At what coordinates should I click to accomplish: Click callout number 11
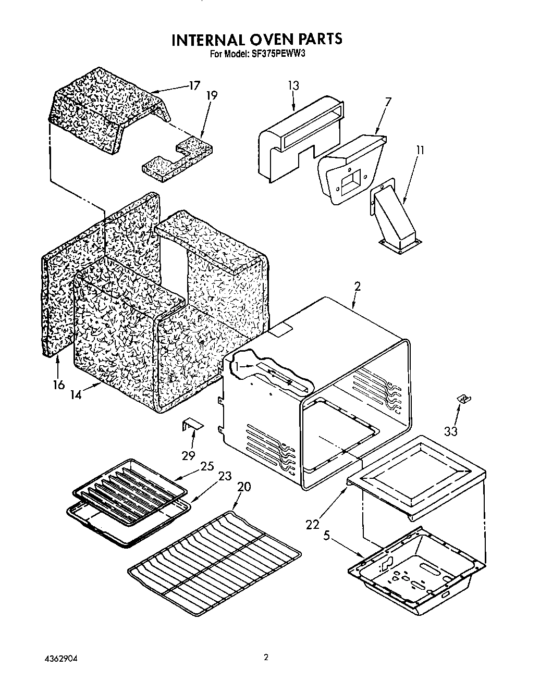pyautogui.click(x=420, y=151)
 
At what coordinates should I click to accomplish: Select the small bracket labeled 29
pyautogui.click(x=191, y=426)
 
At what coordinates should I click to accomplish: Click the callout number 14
pyautogui.click(x=76, y=395)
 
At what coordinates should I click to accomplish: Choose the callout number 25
pyautogui.click(x=207, y=466)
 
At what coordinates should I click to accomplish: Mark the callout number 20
pyautogui.click(x=243, y=487)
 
